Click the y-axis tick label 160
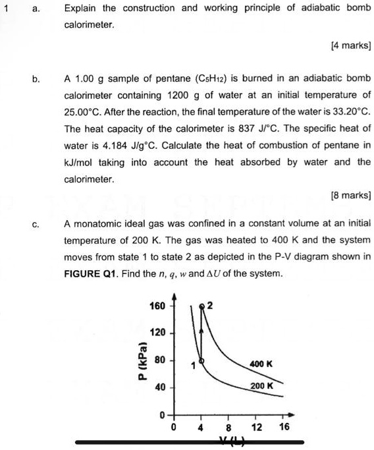coord(158,306)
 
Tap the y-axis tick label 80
coord(160,360)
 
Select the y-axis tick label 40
coord(160,387)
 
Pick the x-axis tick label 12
coord(257,427)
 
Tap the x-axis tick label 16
coord(284,427)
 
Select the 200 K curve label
coord(261,385)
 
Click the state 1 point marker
coord(201,360)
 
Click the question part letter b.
coord(36,78)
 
